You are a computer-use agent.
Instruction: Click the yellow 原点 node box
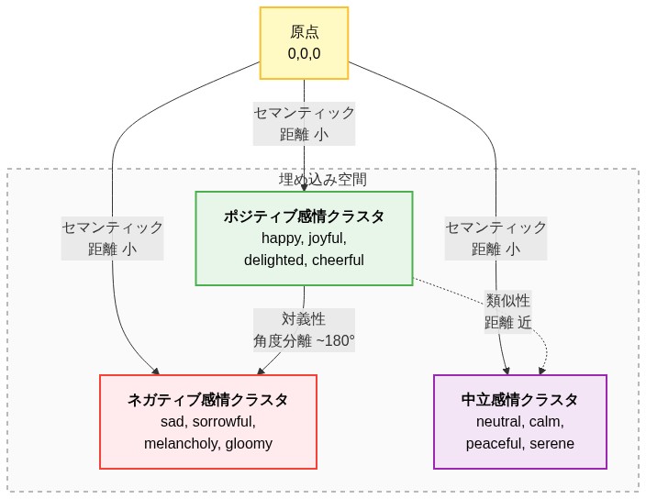304,43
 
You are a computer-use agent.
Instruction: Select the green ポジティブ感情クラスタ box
304,238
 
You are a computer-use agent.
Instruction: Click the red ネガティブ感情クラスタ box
207,421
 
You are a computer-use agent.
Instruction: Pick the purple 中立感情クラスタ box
519,421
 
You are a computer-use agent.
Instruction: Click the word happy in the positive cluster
281,238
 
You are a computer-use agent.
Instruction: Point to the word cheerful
338,261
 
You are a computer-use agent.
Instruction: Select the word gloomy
250,444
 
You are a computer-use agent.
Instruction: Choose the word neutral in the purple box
499,422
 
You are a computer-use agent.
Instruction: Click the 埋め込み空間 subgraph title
322,179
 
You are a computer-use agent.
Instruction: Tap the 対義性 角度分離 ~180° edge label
304,330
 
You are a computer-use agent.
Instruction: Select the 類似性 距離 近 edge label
507,312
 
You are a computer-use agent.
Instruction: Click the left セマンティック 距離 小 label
112,238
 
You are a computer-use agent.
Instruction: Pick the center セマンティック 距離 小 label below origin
304,123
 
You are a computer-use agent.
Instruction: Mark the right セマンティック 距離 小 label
496,238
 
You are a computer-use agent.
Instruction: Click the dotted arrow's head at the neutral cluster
541,371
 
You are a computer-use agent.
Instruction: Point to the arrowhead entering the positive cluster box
304,187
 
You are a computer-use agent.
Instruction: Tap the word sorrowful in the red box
224,422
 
